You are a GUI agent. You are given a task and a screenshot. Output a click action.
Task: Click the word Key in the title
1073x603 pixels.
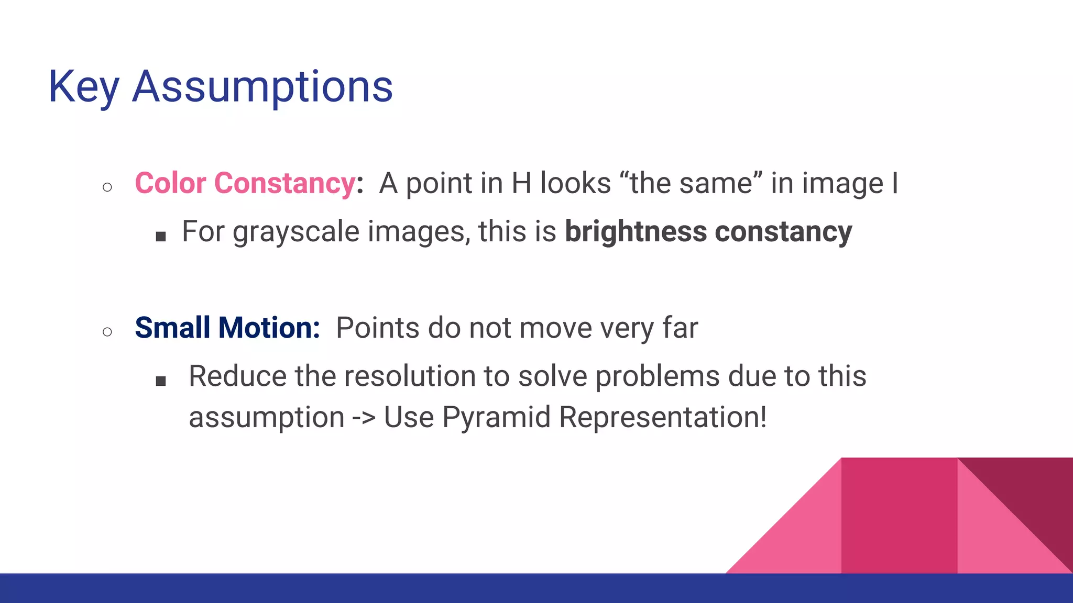pyautogui.click(x=84, y=87)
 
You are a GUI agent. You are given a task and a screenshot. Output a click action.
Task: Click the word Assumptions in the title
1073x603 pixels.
pyautogui.click(x=262, y=87)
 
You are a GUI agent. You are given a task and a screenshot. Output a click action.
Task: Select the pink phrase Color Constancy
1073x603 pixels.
pyautogui.click(x=245, y=184)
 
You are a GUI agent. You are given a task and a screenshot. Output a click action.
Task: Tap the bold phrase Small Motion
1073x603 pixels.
pyautogui.click(x=227, y=328)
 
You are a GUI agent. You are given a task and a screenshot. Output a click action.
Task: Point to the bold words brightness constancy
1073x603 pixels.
pyautogui.click(x=708, y=231)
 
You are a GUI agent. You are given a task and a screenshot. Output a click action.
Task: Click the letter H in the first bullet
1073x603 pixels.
pyautogui.click(x=521, y=184)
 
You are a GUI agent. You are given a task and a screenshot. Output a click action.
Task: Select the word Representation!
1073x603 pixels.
pyautogui.click(x=663, y=417)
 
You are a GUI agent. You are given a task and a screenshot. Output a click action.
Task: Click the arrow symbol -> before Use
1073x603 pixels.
pyautogui.click(x=364, y=418)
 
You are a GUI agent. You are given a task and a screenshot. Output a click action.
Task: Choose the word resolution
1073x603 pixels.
pyautogui.click(x=385, y=376)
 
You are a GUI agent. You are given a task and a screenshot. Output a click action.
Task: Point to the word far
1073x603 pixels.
pyautogui.click(x=680, y=328)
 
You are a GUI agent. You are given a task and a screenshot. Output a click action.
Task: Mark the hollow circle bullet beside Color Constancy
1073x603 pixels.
pyautogui.click(x=107, y=187)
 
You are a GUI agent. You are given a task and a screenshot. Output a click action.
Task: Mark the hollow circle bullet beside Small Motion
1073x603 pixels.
pyautogui.click(x=107, y=332)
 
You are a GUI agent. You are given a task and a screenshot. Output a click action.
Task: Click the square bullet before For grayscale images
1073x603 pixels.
pyautogui.click(x=161, y=237)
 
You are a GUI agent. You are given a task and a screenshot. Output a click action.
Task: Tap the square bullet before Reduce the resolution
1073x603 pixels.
pyautogui.click(x=161, y=381)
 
